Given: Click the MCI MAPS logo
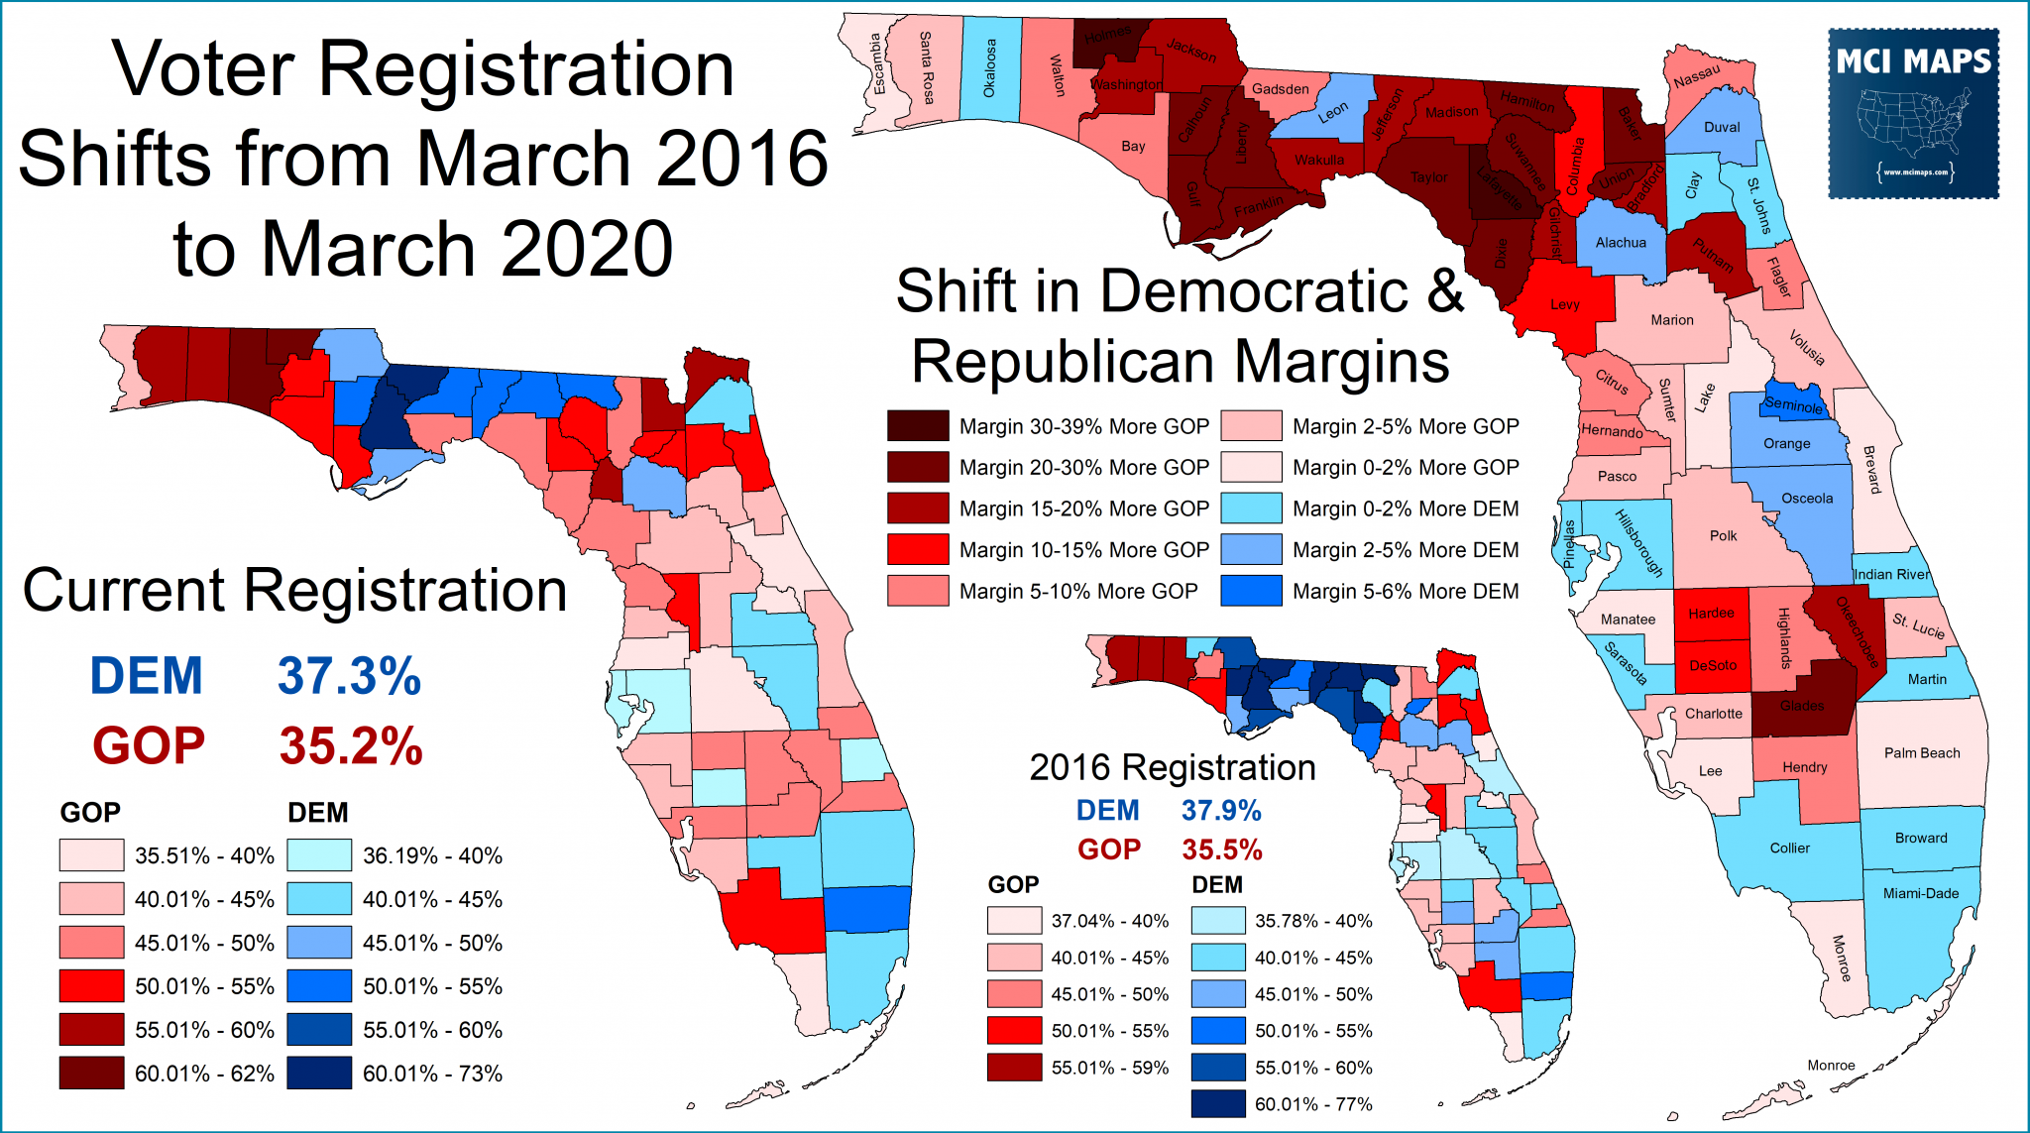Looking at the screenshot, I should point(1913,113).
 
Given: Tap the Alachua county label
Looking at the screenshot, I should point(1621,243).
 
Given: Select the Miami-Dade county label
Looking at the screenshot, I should point(1920,893).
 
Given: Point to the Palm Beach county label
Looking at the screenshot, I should point(1921,753).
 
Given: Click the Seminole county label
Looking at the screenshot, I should point(1793,405).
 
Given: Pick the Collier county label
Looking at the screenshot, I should point(1789,848).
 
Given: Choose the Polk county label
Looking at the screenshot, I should point(1723,536).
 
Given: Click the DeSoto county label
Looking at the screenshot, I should point(1712,665).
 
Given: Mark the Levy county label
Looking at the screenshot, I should point(1564,304).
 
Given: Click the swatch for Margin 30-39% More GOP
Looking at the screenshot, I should point(918,426).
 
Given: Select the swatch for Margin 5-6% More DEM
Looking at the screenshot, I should point(1251,591).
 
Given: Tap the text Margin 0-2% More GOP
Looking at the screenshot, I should point(1405,467).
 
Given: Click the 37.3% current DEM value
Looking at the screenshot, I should point(349,676).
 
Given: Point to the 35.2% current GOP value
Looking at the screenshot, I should point(351,745).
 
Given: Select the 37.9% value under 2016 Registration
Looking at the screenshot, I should point(1220,811).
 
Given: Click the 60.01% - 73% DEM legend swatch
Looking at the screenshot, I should point(319,1073).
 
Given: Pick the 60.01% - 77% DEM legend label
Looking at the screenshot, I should point(1312,1104).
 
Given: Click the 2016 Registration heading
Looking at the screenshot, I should point(1172,767).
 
